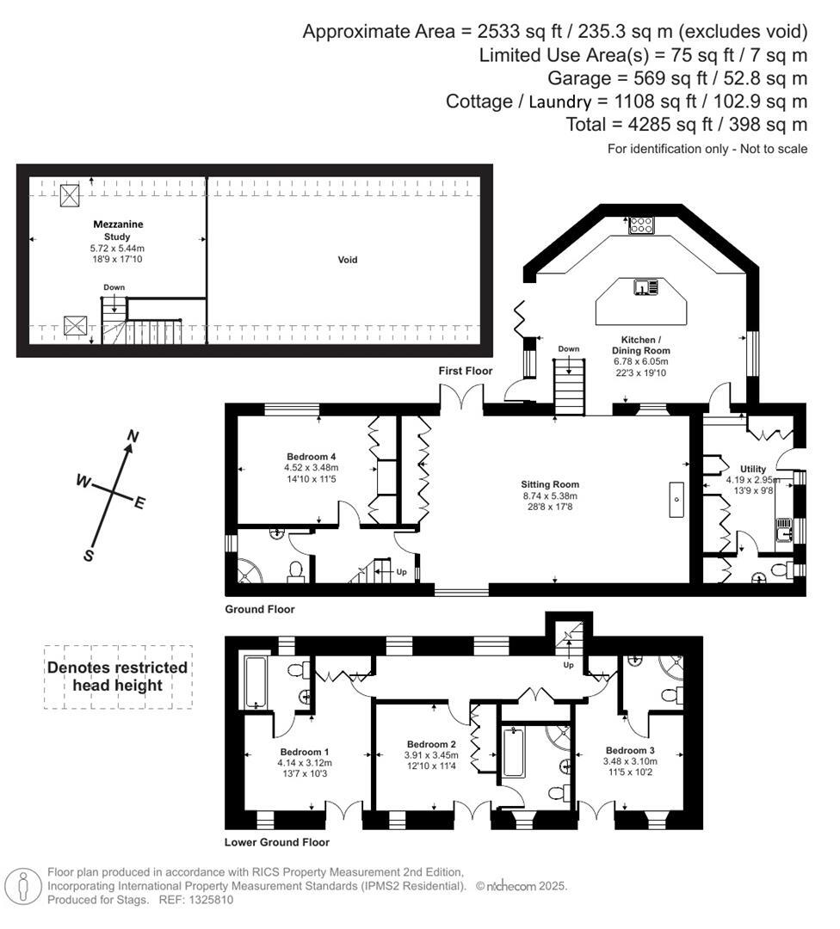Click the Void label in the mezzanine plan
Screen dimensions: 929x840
[348, 259]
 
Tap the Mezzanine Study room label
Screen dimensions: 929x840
[118, 230]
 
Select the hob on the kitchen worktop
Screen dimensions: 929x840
[640, 225]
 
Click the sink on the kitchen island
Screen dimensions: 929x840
[645, 287]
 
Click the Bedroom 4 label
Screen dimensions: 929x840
[311, 456]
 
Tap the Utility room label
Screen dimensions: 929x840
[740, 470]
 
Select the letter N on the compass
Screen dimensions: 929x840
[132, 436]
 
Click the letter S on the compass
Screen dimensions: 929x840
[89, 556]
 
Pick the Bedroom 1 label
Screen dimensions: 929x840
[304, 751]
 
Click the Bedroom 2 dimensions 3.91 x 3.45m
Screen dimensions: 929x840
[431, 755]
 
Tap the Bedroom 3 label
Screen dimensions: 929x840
[631, 750]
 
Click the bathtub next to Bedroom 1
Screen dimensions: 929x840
[256, 683]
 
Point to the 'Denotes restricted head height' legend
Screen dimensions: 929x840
[117, 676]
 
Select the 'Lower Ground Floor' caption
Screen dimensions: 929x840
[276, 842]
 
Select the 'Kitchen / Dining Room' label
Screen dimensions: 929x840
[640, 345]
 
